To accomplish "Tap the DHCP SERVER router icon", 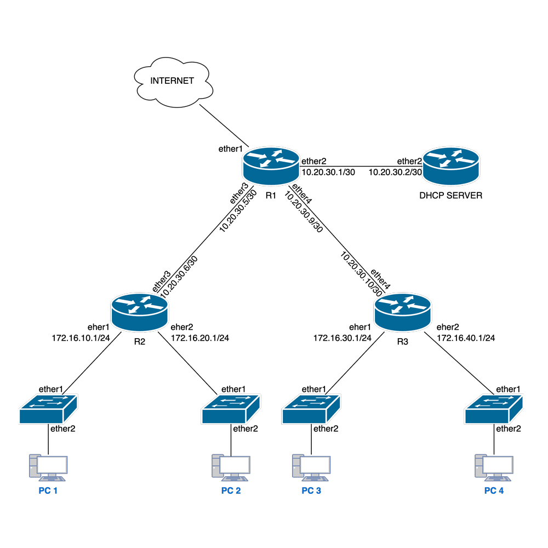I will click(x=450, y=167).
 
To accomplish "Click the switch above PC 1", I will click(x=48, y=409).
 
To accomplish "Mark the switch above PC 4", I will click(x=494, y=409).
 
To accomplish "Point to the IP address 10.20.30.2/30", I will click(x=395, y=172).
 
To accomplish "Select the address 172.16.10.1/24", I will click(x=81, y=338).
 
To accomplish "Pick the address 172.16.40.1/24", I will click(x=466, y=338).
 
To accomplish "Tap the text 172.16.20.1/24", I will click(x=200, y=338).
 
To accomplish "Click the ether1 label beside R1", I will click(x=230, y=148).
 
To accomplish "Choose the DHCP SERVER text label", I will click(x=451, y=195).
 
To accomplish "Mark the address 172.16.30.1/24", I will click(x=342, y=338).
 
